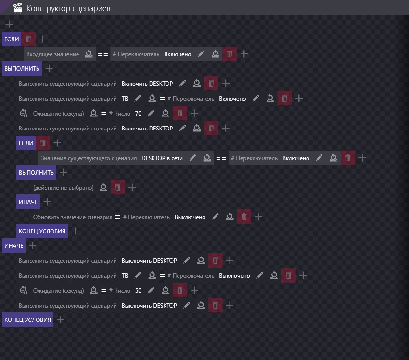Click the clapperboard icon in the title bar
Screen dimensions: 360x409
coord(18,8)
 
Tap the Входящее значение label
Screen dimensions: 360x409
coord(52,54)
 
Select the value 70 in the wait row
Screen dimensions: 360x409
coord(139,114)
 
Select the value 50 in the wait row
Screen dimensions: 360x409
coord(139,291)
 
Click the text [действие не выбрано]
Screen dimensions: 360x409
coord(63,187)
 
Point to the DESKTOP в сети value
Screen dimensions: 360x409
coord(162,158)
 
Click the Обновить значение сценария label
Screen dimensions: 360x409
coord(72,217)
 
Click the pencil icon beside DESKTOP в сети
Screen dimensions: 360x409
coord(192,158)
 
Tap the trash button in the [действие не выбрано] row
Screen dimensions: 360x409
coord(118,187)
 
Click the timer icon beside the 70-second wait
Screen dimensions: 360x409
coord(24,114)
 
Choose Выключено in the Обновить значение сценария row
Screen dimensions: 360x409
coord(190,217)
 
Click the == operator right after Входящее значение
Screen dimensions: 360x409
coord(103,54)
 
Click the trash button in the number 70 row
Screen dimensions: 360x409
coord(180,114)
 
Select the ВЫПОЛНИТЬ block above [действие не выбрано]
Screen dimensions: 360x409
coord(36,172)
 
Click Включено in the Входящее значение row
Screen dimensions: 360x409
coord(178,54)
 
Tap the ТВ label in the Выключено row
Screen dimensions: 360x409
coord(125,276)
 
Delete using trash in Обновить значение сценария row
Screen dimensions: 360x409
coord(244,217)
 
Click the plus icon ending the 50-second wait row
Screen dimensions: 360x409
coord(194,291)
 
